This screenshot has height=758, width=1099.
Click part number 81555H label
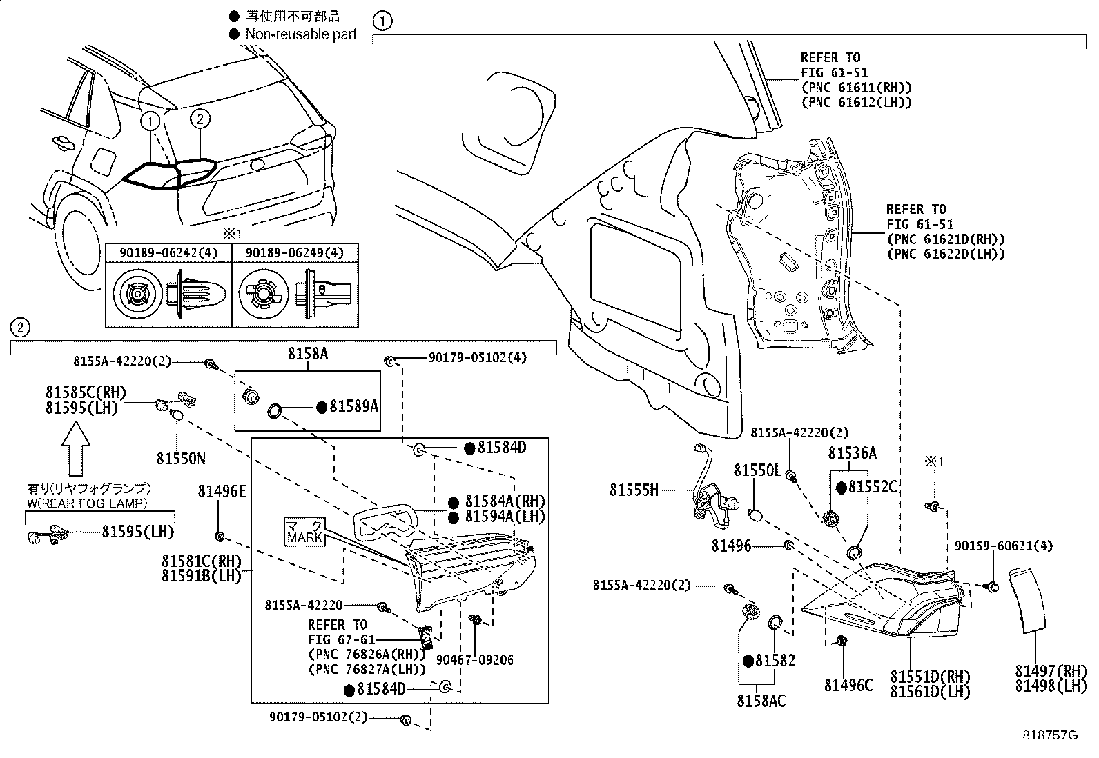(x=634, y=490)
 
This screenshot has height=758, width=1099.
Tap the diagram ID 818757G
(x=1050, y=736)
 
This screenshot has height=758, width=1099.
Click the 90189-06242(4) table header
(x=168, y=253)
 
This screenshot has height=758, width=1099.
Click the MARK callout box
(x=304, y=531)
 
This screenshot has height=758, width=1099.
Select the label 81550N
(x=180, y=458)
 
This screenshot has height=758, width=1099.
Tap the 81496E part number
(x=222, y=491)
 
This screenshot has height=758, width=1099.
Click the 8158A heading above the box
(x=307, y=355)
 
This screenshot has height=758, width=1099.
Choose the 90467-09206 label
(x=475, y=660)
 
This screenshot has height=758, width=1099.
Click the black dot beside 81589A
(x=321, y=408)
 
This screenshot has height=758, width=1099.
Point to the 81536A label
(x=853, y=453)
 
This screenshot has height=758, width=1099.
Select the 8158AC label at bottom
(x=761, y=701)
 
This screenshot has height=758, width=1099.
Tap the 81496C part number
(x=848, y=685)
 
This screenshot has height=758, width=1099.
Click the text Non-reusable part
(x=301, y=34)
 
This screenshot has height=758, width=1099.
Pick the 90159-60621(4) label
(x=1004, y=546)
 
